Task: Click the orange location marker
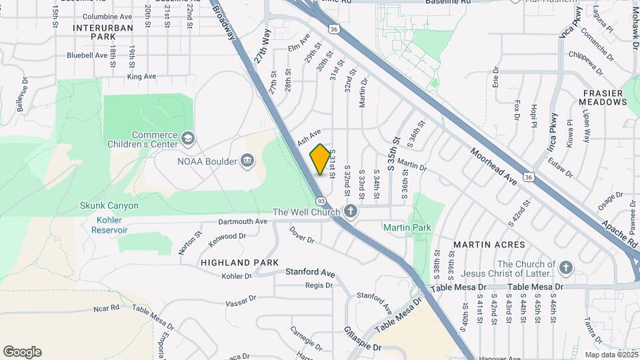click(x=320, y=159)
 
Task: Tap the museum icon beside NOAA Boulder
click(x=247, y=161)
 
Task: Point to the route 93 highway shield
click(x=321, y=201)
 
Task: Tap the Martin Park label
click(x=407, y=227)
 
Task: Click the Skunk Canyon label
click(x=109, y=205)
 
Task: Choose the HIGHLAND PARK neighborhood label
click(x=239, y=263)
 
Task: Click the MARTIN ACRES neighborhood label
click(x=489, y=245)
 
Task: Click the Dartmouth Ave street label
click(x=243, y=221)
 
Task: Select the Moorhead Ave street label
click(x=493, y=167)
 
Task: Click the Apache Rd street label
click(x=619, y=231)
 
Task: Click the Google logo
click(x=23, y=352)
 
